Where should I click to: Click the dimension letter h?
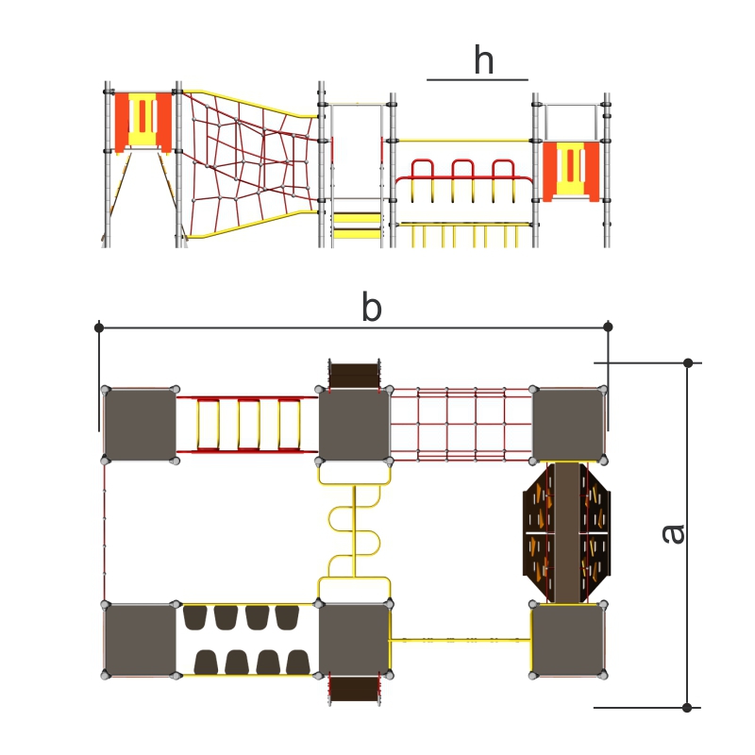(484, 59)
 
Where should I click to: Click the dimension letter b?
(372, 306)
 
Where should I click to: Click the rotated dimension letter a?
(673, 533)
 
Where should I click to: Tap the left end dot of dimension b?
(99, 327)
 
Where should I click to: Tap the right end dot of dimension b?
(608, 327)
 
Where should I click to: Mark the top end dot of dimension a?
(688, 362)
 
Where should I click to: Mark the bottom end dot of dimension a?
(687, 707)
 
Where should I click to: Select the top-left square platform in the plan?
(140, 425)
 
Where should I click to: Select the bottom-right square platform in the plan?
(568, 640)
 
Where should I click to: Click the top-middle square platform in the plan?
(355, 425)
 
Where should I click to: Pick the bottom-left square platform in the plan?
(140, 640)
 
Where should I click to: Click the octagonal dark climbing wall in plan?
(567, 533)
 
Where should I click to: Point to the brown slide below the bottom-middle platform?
(355, 690)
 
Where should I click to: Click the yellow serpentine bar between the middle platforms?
(355, 531)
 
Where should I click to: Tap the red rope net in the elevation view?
(251, 163)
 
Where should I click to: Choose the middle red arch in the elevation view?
(462, 169)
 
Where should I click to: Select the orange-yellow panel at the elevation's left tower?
(143, 123)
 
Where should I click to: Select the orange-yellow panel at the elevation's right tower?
(571, 171)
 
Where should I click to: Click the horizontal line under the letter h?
(478, 80)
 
